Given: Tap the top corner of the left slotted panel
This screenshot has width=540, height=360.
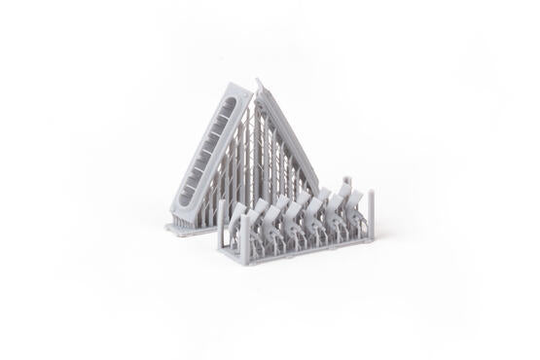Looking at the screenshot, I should click(236, 85).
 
